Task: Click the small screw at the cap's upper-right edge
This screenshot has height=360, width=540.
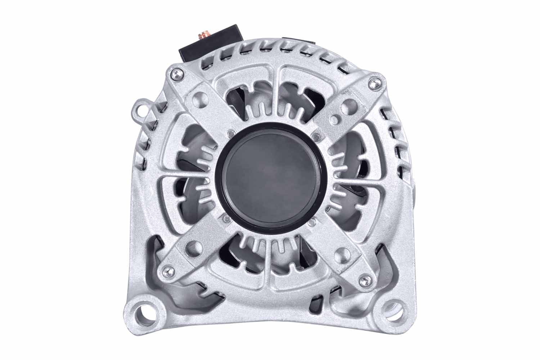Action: pyautogui.click(x=316, y=136)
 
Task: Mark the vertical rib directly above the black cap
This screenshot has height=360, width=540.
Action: pyautogui.click(x=275, y=104)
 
